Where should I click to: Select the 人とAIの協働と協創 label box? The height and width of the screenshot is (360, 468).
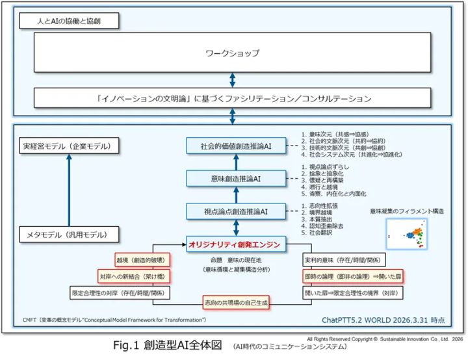pos(69,21)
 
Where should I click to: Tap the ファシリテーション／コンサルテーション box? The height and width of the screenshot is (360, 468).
pos(232,99)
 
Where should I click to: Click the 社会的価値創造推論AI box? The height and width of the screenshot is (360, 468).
pos(237,146)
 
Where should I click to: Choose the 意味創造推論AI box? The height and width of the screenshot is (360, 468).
pos(237,178)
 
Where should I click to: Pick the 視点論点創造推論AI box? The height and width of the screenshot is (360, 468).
pos(237,211)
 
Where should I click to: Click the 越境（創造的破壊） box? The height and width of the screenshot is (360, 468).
pos(141,260)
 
